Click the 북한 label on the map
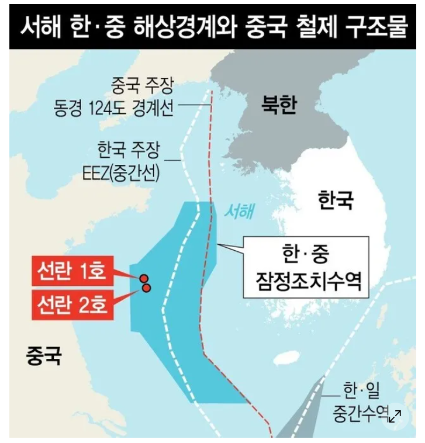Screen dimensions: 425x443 coord(279,106)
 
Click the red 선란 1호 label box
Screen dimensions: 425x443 coord(73,271)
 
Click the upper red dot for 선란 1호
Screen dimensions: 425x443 coord(143,279)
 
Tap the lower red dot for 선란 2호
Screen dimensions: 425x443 coord(147,287)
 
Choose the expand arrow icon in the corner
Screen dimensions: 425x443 coord(395,416)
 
